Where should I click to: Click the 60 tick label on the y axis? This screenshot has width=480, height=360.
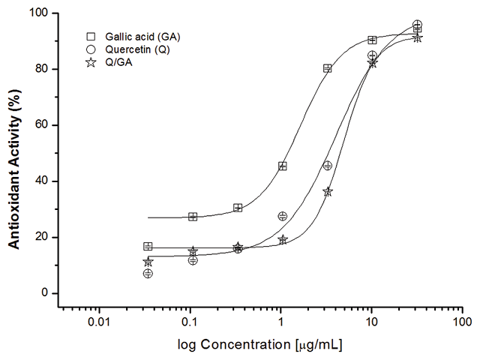click(x=43, y=125)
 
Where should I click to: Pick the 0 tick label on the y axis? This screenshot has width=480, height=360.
click(x=46, y=293)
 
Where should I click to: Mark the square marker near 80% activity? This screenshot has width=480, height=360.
click(x=328, y=68)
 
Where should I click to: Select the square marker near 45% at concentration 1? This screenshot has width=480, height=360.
click(x=283, y=166)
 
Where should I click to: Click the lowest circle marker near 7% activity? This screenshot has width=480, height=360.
click(x=148, y=274)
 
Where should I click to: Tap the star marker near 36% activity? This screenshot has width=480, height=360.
click(x=328, y=192)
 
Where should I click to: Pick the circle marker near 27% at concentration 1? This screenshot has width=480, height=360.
click(x=283, y=216)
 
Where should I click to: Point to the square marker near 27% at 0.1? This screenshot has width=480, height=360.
click(x=193, y=217)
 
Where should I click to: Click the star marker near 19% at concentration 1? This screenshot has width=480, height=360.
click(x=283, y=239)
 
